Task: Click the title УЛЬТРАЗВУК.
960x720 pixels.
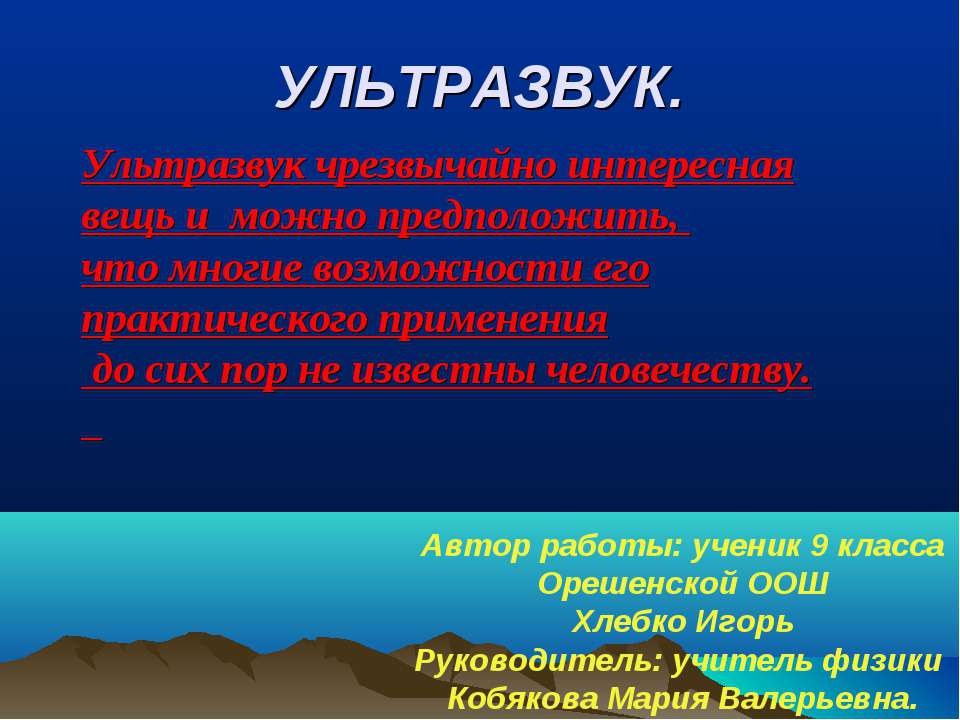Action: [481, 90]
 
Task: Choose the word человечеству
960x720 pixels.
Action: [681, 372]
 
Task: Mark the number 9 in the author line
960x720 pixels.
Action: [819, 546]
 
